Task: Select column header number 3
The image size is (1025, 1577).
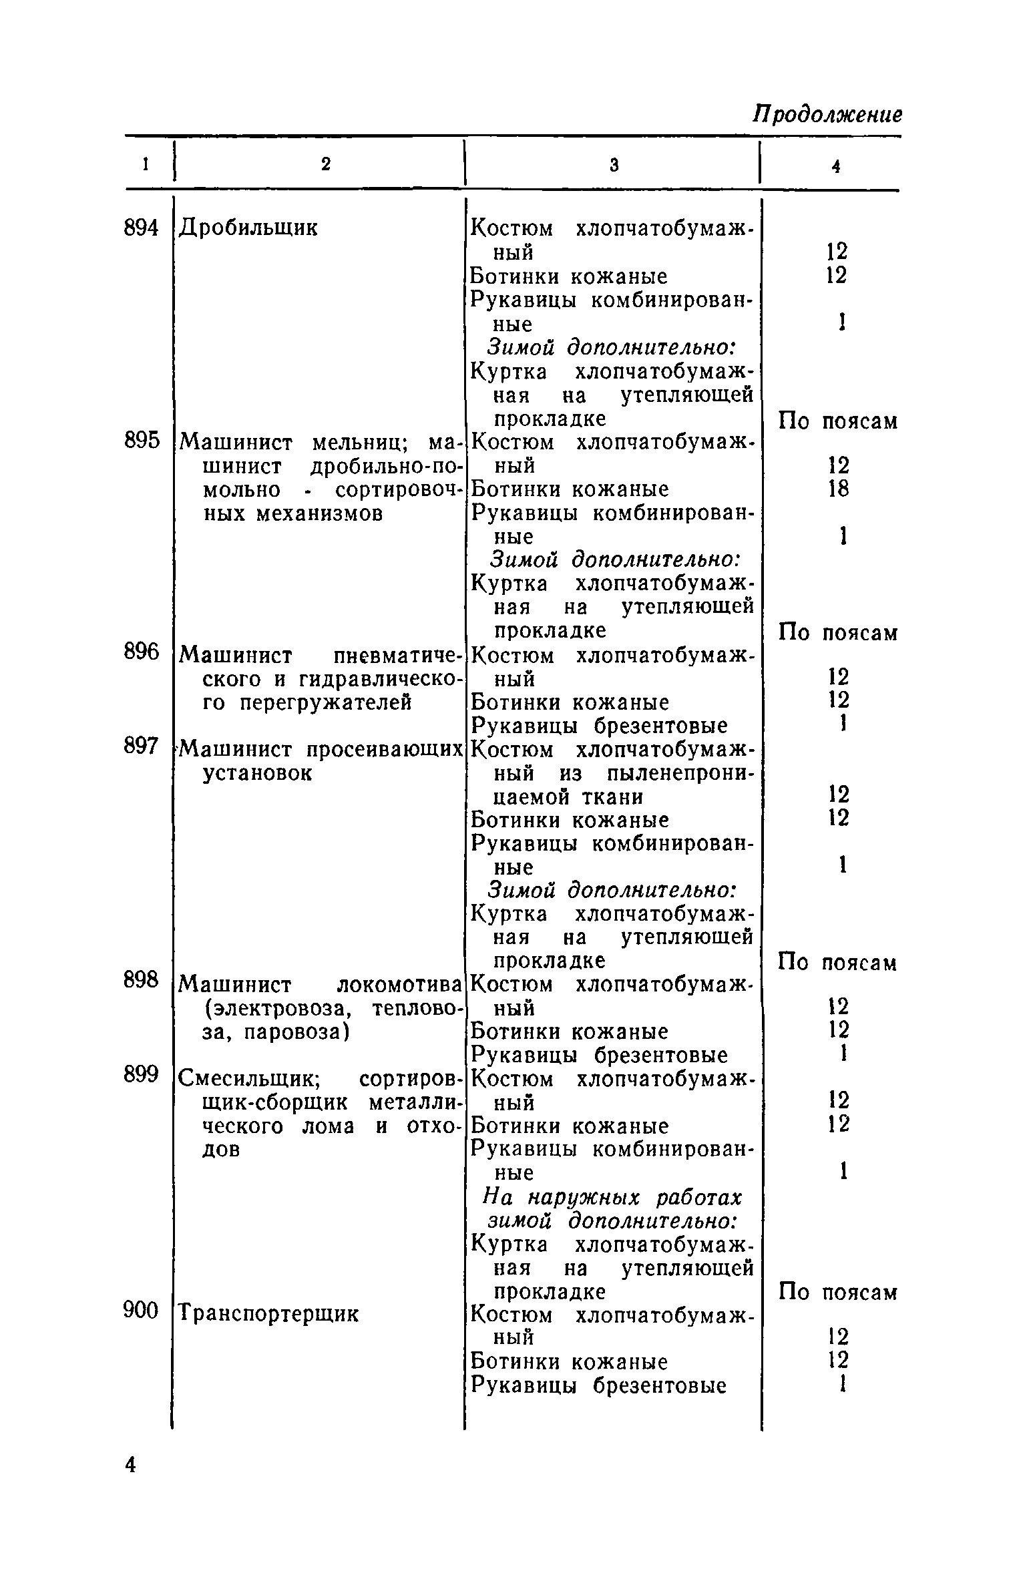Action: tap(614, 165)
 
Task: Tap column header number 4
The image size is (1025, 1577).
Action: tap(835, 167)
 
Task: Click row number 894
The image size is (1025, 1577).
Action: tap(142, 228)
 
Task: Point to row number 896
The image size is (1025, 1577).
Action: tap(142, 652)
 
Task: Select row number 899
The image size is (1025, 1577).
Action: tap(142, 1074)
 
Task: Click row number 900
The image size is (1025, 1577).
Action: tap(142, 1311)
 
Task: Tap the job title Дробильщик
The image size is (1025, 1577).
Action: tap(249, 228)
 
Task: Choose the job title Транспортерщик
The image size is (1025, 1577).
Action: tap(270, 1313)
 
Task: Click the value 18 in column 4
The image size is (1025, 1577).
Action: tap(838, 489)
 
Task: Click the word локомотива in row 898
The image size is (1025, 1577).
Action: tap(399, 984)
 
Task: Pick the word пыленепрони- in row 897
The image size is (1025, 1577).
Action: tap(681, 774)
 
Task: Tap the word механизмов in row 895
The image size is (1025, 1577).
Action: tap(320, 513)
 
